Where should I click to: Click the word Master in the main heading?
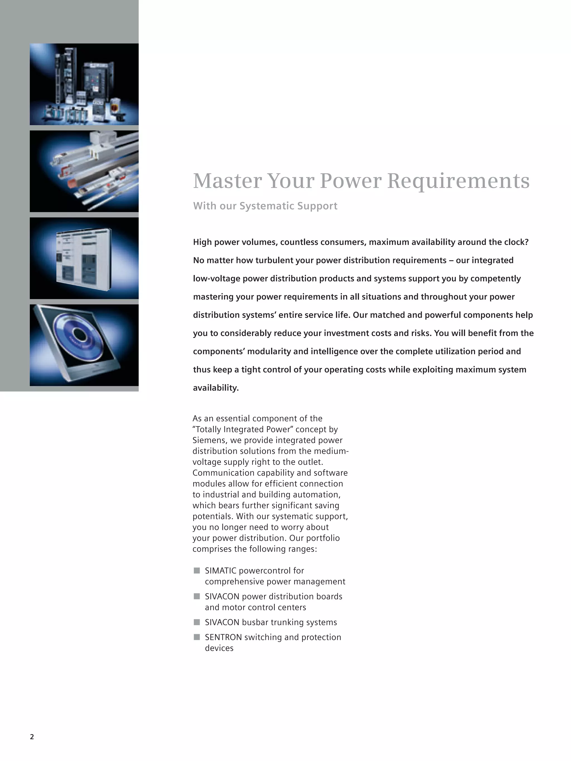227,181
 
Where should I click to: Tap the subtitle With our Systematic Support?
265,206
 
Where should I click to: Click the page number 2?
32,736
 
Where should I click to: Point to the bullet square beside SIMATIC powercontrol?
197,571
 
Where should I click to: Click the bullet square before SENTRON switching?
197,637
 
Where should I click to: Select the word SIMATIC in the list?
220,571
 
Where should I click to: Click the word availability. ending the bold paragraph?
216,388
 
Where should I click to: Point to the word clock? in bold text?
516,242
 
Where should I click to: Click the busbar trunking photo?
84,171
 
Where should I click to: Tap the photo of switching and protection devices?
84,84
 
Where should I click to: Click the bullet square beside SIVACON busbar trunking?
197,622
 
